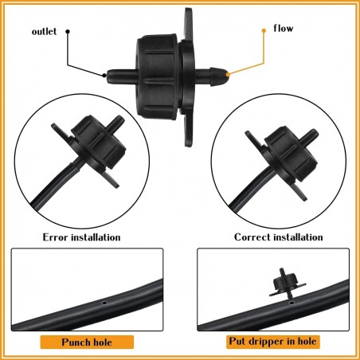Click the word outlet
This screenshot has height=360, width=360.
click(x=44, y=31)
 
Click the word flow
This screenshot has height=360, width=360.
click(x=284, y=28)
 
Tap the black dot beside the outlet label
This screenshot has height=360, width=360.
click(x=68, y=31)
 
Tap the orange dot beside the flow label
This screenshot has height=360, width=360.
click(x=264, y=31)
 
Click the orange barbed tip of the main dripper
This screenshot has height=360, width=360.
click(x=228, y=74)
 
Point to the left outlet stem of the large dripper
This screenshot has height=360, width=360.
click(x=121, y=76)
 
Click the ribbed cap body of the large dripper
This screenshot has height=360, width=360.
click(x=157, y=78)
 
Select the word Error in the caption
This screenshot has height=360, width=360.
click(x=56, y=237)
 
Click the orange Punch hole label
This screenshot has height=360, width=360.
click(x=87, y=342)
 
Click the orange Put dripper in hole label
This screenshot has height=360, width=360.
click(x=273, y=341)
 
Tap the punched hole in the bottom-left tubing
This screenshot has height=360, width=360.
click(x=104, y=303)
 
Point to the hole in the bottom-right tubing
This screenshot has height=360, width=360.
click(x=292, y=303)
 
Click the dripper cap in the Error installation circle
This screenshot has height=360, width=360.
click(x=99, y=141)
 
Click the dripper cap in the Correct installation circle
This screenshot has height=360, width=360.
click(x=292, y=154)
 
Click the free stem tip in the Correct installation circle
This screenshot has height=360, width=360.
click(x=315, y=132)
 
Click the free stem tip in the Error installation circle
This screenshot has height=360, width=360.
click(x=120, y=119)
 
